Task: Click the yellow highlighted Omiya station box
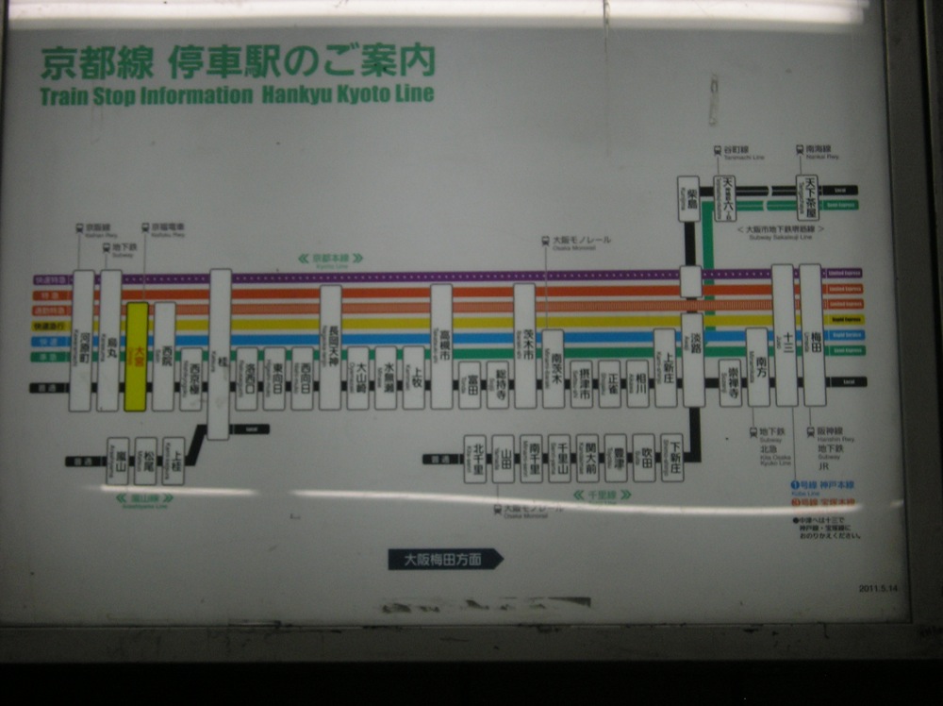coord(137,356)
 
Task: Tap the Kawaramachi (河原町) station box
coord(82,341)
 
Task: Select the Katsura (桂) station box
coord(220,354)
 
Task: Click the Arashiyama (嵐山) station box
coord(117,461)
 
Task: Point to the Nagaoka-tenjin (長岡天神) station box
coord(330,347)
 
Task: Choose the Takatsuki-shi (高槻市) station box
coord(441,346)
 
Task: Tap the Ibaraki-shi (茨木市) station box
coord(524,346)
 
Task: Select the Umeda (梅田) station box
coord(812,335)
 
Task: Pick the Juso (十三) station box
coord(784,335)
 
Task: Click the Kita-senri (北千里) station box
coord(475,459)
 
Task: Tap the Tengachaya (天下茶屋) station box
coord(808,197)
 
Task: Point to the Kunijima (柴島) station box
coord(689,198)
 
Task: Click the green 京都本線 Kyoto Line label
coord(330,258)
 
